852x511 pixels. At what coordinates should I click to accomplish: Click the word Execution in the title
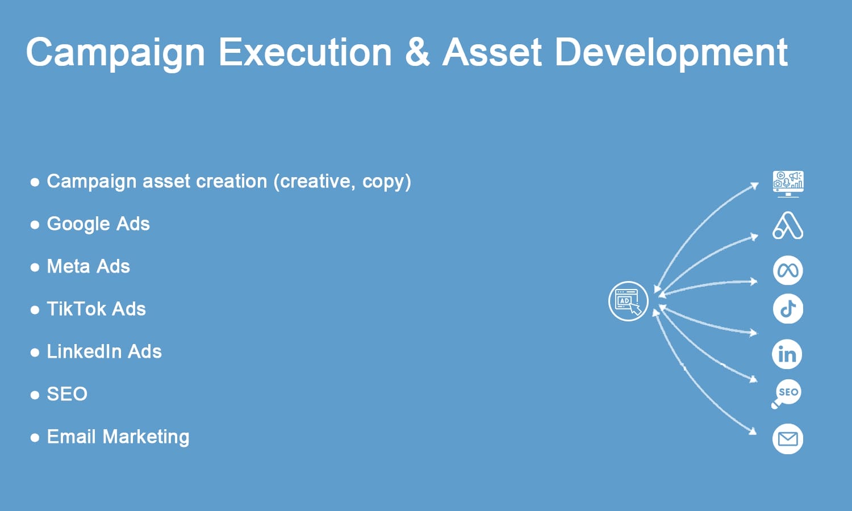pyautogui.click(x=305, y=52)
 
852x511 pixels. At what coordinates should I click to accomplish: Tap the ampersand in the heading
pyautogui.click(x=417, y=52)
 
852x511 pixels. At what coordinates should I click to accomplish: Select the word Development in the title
pyautogui.click(x=671, y=53)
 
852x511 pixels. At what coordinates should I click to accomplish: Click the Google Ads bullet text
pyautogui.click(x=98, y=224)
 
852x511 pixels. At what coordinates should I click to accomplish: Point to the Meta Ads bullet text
pyautogui.click(x=88, y=266)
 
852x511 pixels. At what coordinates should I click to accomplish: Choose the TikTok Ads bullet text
pyautogui.click(x=96, y=309)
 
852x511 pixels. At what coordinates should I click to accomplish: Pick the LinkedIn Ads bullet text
pyautogui.click(x=104, y=351)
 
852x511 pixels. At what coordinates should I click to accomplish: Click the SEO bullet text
pyautogui.click(x=67, y=394)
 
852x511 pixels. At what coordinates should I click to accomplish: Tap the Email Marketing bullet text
pyautogui.click(x=118, y=437)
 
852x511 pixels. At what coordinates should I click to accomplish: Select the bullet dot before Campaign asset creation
pyautogui.click(x=35, y=182)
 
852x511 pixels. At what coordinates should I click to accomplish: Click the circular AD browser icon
pyautogui.click(x=628, y=301)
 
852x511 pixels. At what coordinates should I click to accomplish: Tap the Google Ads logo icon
pyautogui.click(x=788, y=225)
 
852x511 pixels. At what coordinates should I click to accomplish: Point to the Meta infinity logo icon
pyautogui.click(x=788, y=270)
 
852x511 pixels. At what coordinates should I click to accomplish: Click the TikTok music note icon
pyautogui.click(x=788, y=308)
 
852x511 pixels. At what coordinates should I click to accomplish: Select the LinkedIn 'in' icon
pyautogui.click(x=787, y=354)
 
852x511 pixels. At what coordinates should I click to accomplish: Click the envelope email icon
pyautogui.click(x=788, y=439)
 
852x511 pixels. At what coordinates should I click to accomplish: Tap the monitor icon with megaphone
pyautogui.click(x=788, y=184)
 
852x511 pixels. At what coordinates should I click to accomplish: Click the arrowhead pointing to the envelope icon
pyautogui.click(x=753, y=432)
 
